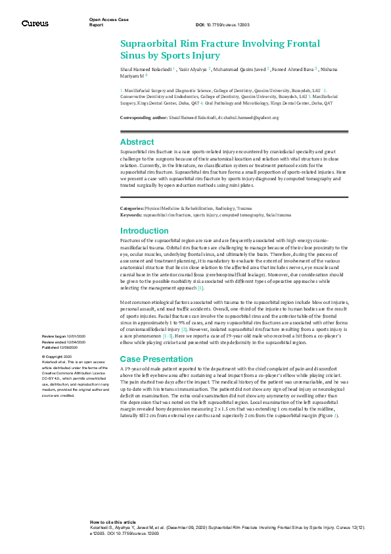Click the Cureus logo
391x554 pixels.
click(34, 23)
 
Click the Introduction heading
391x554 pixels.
click(145, 231)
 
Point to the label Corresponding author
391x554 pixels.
click(143, 118)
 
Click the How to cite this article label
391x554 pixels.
click(113, 521)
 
